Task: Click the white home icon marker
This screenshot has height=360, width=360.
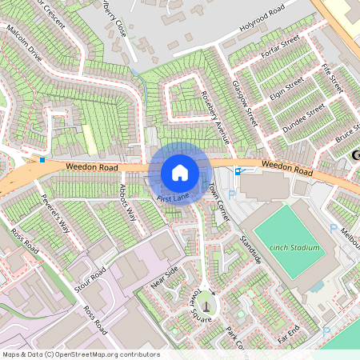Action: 180,173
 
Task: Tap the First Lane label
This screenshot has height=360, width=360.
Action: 173,197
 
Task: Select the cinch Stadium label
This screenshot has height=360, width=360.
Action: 294,247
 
